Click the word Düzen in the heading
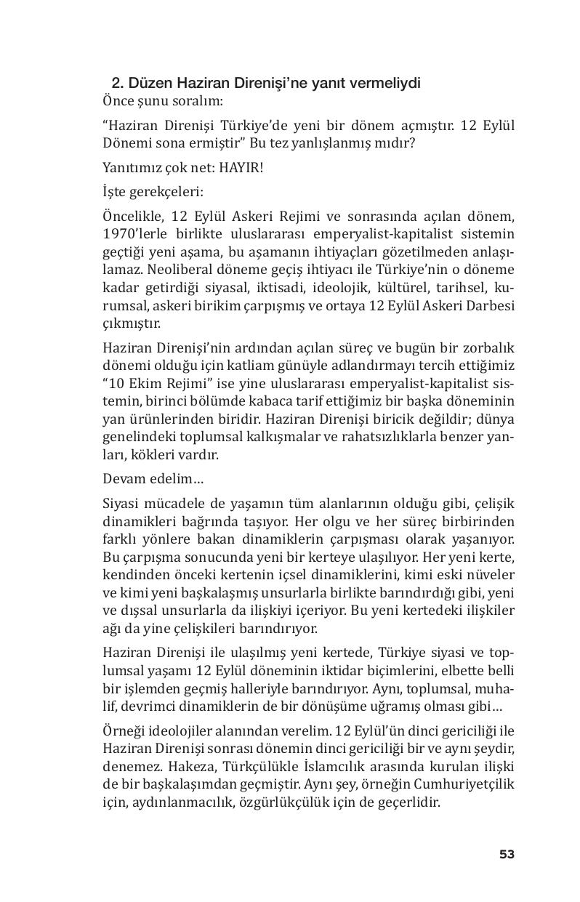tap(146, 84)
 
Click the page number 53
tap(507, 854)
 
